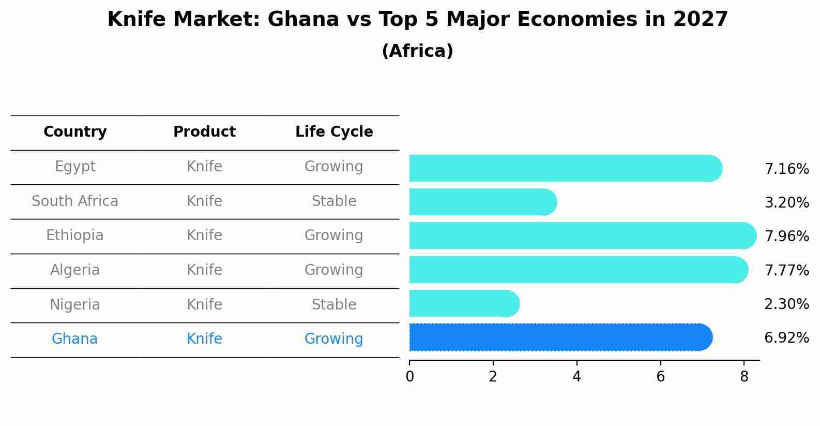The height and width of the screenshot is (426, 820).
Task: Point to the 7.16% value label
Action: tap(786, 169)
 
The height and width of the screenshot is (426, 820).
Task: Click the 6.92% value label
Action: tap(786, 338)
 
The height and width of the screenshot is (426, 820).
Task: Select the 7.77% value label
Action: tap(786, 270)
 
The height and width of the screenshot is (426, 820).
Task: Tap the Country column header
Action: tap(75, 132)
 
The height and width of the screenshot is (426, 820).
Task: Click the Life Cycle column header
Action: tap(334, 132)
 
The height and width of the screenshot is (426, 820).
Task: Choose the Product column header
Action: tap(204, 132)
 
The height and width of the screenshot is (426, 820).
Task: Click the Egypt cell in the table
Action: tap(75, 167)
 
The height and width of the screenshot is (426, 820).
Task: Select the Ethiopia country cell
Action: tap(75, 236)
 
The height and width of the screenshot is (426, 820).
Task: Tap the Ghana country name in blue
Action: tap(74, 339)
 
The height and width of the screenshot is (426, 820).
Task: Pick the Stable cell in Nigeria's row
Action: tap(334, 304)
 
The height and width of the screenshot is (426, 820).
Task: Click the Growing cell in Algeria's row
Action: tap(334, 270)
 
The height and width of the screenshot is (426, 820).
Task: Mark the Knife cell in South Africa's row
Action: tap(204, 201)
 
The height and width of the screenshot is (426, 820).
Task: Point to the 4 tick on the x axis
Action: tap(576, 377)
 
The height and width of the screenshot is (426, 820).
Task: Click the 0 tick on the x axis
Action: tap(409, 377)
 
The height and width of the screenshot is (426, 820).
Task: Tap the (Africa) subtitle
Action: tap(417, 51)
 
